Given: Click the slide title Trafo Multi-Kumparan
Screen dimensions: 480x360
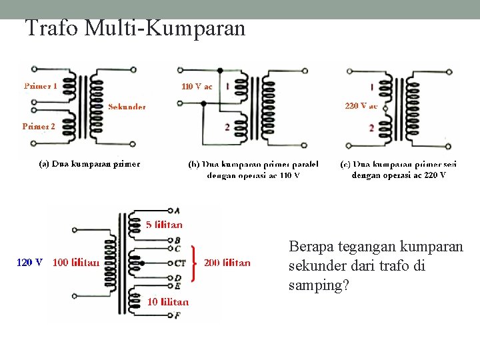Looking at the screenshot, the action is [x=135, y=28].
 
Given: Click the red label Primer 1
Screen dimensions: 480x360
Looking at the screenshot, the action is [x=41, y=86].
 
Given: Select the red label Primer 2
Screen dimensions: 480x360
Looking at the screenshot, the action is [x=39, y=126].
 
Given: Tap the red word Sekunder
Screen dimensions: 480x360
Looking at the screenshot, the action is [x=127, y=106].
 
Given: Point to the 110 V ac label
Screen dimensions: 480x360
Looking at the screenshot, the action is [x=197, y=86].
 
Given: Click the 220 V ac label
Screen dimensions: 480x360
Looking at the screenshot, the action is [x=361, y=106].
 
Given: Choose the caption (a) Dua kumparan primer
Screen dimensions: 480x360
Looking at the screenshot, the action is [x=89, y=164].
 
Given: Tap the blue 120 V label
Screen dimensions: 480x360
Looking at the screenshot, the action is [x=30, y=263].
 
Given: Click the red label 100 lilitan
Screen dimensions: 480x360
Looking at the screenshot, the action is [x=76, y=263].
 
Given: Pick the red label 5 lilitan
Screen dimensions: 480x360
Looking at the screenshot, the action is [x=164, y=225].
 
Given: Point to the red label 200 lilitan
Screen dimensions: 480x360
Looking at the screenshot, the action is [x=227, y=263].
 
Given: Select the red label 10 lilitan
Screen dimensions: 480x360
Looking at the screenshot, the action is [x=167, y=302].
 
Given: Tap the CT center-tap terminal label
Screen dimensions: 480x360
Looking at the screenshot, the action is [x=179, y=263].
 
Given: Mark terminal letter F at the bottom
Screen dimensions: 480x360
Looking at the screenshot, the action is [x=177, y=315].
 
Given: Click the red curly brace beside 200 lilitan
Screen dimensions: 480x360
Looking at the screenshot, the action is [x=194, y=263].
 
